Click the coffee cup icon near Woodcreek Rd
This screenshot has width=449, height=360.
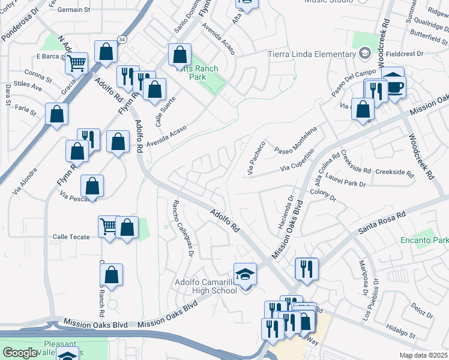point(395,87)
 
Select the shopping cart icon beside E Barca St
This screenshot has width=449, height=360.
point(77,62)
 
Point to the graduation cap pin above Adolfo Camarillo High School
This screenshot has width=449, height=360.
point(246,274)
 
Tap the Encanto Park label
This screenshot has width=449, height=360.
point(424,240)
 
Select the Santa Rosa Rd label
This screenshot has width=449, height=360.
point(382,223)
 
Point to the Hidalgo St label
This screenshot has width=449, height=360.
point(401,331)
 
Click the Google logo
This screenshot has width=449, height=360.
point(20,353)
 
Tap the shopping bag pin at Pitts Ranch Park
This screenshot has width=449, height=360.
point(180,55)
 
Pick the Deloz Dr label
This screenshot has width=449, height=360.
point(422,314)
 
